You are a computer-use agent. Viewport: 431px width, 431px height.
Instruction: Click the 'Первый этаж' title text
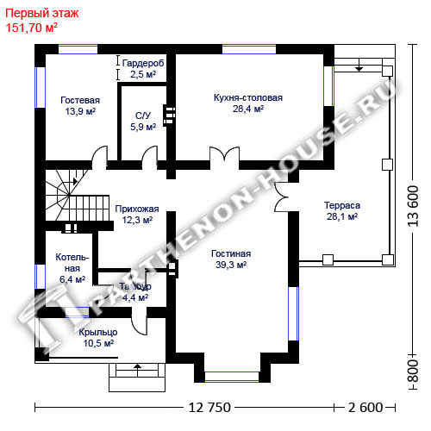(42, 14)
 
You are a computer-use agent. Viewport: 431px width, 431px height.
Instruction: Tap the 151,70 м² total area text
(32, 28)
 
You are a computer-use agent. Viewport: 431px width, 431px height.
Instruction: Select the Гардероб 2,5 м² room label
(143, 69)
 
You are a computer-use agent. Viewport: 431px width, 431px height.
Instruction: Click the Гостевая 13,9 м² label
(80, 106)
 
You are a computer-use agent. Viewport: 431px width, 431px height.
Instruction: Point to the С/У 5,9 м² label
(143, 121)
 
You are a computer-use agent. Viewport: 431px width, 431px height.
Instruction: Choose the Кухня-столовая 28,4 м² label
(248, 103)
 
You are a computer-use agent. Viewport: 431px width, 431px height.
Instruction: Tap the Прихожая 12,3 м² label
(137, 215)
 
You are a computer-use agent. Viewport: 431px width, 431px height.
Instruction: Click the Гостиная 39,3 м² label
(231, 259)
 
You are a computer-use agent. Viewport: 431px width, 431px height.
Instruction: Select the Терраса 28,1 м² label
(342, 211)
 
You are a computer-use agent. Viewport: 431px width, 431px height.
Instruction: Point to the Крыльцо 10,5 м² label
(98, 338)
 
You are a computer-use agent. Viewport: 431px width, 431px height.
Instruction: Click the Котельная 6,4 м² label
(72, 268)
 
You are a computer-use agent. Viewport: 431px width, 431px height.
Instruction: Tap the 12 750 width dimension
(209, 408)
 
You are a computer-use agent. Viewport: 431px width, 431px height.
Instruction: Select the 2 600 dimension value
(365, 408)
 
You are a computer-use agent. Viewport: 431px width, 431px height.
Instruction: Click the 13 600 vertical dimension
(413, 206)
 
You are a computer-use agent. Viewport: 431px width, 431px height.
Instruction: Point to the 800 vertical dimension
(413, 372)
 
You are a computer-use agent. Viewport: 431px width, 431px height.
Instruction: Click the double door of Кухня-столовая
(224, 158)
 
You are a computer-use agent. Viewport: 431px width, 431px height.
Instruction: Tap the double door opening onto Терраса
(282, 197)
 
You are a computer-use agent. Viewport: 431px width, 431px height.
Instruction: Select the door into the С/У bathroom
(150, 157)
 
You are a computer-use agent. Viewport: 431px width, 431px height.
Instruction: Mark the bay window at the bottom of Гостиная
(232, 377)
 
